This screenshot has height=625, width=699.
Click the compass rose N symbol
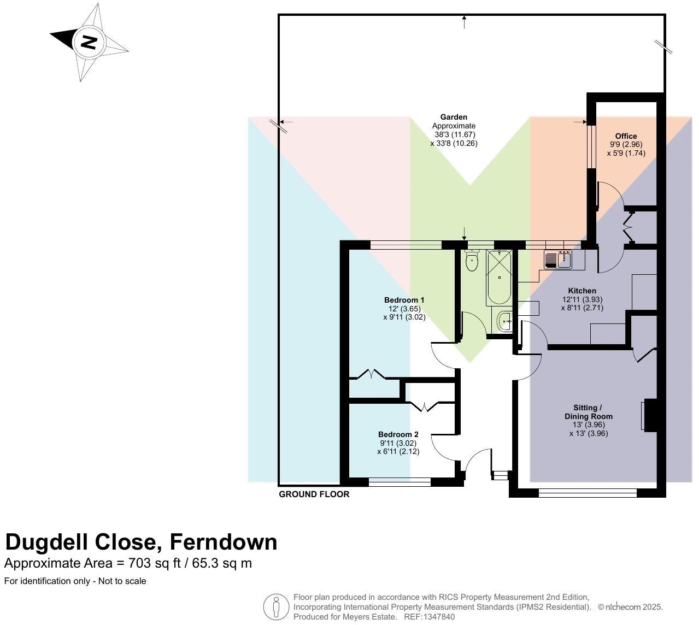coord(89,42)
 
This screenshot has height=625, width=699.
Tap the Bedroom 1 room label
coord(404,300)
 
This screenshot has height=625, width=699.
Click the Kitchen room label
coord(581,291)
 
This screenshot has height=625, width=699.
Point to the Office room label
coord(626,136)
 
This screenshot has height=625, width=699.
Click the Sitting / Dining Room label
coord(588,412)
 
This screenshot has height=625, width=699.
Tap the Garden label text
coord(454,117)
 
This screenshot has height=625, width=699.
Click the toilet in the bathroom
coord(472,261)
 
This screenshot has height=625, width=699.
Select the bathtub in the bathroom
coord(499,278)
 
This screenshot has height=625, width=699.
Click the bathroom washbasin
coord(504,321)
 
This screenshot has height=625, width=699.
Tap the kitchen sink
coord(557,260)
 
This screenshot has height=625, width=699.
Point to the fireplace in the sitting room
coord(649,416)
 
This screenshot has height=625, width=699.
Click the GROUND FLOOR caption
coord(314,494)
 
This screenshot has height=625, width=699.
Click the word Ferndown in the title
coord(223,542)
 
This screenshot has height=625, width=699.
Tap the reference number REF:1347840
coord(429,617)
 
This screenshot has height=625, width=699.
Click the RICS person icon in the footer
coord(276,607)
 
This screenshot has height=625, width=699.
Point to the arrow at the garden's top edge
coord(464,22)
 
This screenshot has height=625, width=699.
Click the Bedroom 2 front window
coord(400,482)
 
